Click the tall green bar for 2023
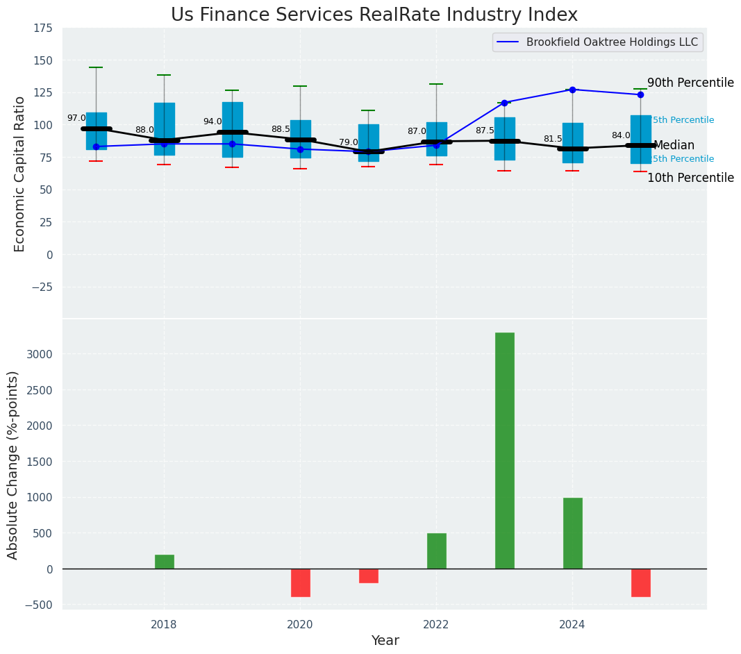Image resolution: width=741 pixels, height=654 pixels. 505,451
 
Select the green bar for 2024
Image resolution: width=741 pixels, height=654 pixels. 573,533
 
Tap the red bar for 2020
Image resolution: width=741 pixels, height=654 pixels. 301,582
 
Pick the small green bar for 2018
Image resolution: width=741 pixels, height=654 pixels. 165,562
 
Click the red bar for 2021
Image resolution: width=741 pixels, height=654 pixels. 369,576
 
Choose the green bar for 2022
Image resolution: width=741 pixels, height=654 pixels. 437,551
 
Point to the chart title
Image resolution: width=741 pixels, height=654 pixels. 374,15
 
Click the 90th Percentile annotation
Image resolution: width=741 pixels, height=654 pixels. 690,83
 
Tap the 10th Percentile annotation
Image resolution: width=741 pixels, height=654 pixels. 690,178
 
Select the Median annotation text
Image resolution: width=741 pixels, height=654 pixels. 674,146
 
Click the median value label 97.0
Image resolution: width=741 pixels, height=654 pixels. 76,119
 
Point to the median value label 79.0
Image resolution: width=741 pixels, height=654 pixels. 349,142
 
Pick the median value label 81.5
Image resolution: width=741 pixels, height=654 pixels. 553,140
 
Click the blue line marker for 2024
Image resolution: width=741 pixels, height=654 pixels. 572,90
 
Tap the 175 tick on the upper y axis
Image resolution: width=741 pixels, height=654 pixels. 42,28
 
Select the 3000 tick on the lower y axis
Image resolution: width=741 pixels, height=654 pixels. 38,354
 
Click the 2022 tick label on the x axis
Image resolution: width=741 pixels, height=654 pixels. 436,625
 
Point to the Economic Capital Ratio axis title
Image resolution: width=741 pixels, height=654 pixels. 20,174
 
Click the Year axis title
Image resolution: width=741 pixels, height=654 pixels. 385,641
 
